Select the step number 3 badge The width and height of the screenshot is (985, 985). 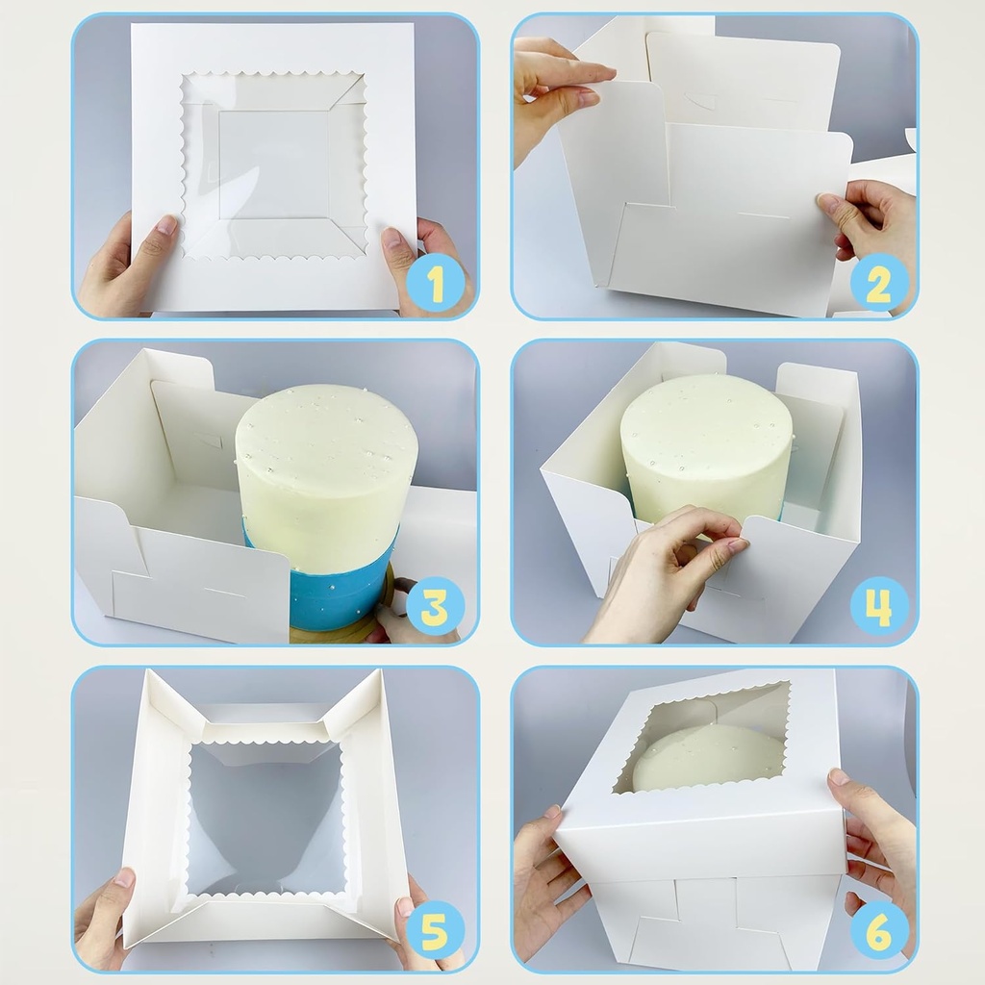(435, 607)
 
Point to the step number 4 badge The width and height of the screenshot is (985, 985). (878, 607)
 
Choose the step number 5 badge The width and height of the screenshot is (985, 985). (435, 930)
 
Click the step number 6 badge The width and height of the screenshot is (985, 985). (878, 930)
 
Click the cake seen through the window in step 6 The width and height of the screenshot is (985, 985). (707, 755)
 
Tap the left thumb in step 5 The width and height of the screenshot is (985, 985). (120, 885)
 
